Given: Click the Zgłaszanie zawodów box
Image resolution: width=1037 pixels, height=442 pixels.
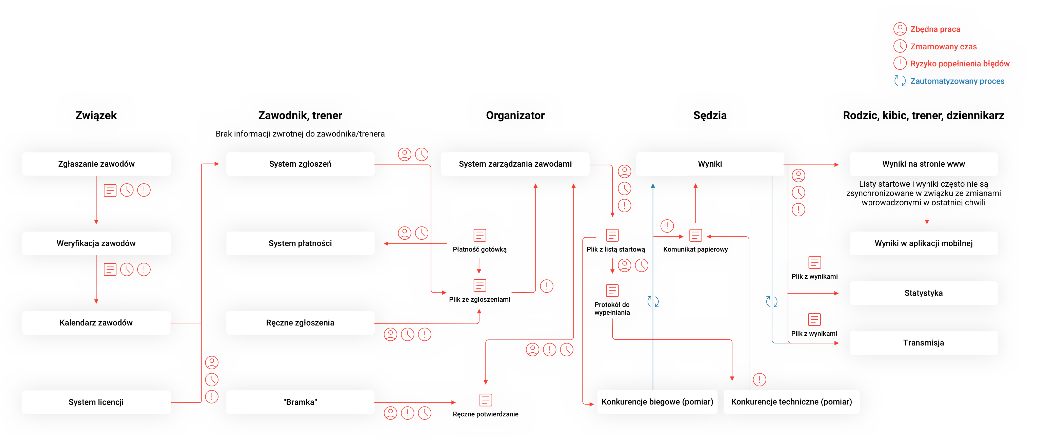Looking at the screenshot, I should [96, 164].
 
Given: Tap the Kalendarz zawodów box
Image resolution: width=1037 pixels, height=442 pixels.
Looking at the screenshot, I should [96, 323].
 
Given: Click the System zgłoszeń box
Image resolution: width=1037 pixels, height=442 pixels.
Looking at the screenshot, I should [300, 164].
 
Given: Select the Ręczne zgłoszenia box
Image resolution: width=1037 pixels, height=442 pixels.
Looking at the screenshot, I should [300, 323].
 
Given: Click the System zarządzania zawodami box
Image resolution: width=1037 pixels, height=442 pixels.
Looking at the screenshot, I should [515, 164].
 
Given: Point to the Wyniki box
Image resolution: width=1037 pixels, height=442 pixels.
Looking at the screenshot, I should [710, 164].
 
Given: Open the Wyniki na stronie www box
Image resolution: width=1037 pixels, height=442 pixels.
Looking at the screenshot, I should [924, 164].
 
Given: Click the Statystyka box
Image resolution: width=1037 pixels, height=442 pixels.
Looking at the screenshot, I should [924, 293].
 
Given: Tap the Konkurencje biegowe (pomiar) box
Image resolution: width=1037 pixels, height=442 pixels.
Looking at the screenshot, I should [657, 402].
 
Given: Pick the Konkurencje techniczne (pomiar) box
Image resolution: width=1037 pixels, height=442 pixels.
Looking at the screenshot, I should [791, 402].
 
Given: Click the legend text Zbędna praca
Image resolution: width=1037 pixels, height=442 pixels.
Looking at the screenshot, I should [935, 29].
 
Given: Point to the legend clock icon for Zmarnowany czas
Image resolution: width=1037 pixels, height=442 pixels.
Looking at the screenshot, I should [900, 46].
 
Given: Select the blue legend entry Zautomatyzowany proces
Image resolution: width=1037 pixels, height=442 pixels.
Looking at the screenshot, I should [957, 81].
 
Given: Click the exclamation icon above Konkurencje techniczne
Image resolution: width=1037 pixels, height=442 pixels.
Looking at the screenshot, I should [760, 379].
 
